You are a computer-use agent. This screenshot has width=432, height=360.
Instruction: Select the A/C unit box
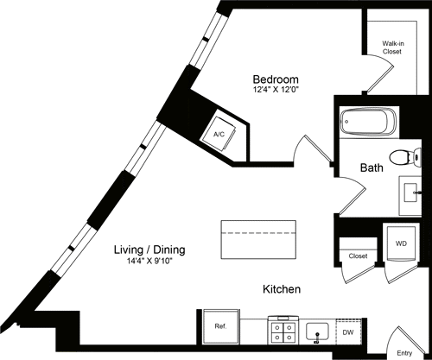pos(217,134)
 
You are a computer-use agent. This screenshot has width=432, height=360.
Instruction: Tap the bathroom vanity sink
pos(410,192)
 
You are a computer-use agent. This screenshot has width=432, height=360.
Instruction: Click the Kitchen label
pos(283,289)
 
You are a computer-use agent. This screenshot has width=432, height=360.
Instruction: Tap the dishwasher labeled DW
pos(348,329)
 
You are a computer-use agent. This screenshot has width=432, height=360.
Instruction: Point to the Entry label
pos(404,352)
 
